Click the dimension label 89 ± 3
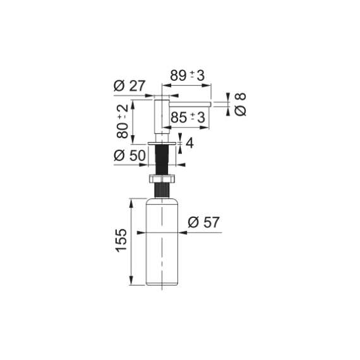(x=187, y=76)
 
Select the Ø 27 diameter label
(x=129, y=86)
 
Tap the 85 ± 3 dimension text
(x=188, y=117)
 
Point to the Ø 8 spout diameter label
(x=241, y=104)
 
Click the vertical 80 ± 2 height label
(x=123, y=121)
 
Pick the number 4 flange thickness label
(x=189, y=143)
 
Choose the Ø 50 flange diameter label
(x=129, y=155)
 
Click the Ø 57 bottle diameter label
(x=203, y=222)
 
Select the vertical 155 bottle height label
(x=121, y=241)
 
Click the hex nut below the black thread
(x=162, y=179)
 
